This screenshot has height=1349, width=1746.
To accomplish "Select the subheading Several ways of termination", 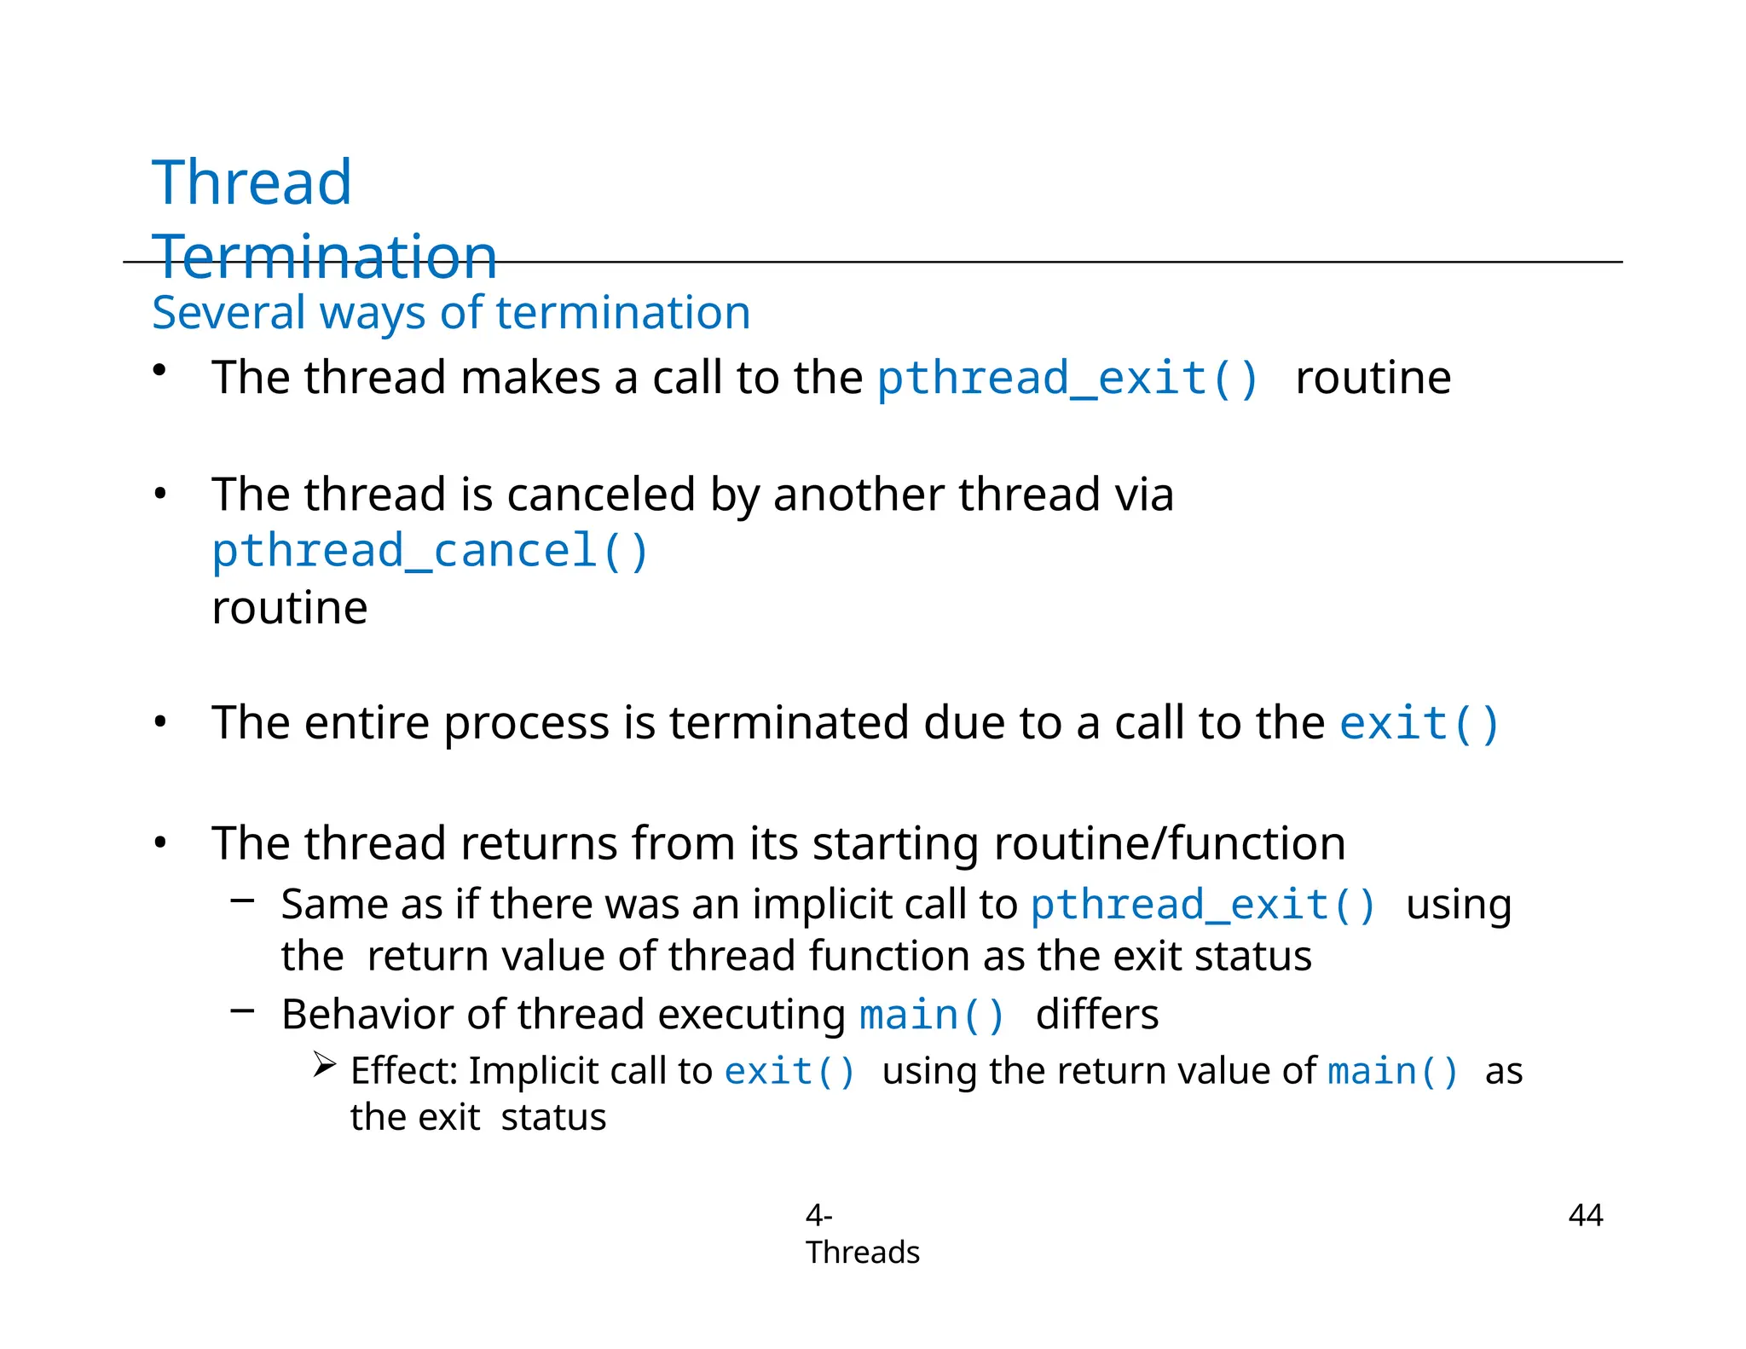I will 451,312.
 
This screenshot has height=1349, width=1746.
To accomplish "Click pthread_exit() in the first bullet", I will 1068,378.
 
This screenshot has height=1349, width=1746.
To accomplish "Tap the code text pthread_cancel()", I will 431,551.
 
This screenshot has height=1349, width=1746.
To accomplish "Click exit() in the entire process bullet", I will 1419,723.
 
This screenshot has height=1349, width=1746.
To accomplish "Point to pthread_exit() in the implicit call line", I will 1203,905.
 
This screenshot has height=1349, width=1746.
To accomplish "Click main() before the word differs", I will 932,1016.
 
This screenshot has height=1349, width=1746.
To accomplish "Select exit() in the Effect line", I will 789,1071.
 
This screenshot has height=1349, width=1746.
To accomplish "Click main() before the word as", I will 1393,1071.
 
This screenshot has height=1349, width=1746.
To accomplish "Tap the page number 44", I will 1585,1215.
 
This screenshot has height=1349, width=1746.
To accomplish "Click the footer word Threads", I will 862,1253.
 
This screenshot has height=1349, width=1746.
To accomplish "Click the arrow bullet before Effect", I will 324,1065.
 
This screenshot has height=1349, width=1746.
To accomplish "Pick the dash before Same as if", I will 243,900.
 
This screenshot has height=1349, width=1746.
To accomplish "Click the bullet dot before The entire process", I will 160,723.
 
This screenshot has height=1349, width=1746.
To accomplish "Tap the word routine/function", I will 1169,843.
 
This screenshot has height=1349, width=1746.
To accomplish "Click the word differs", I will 1096,1016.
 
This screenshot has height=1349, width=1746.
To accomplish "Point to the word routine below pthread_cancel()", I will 290,608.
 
